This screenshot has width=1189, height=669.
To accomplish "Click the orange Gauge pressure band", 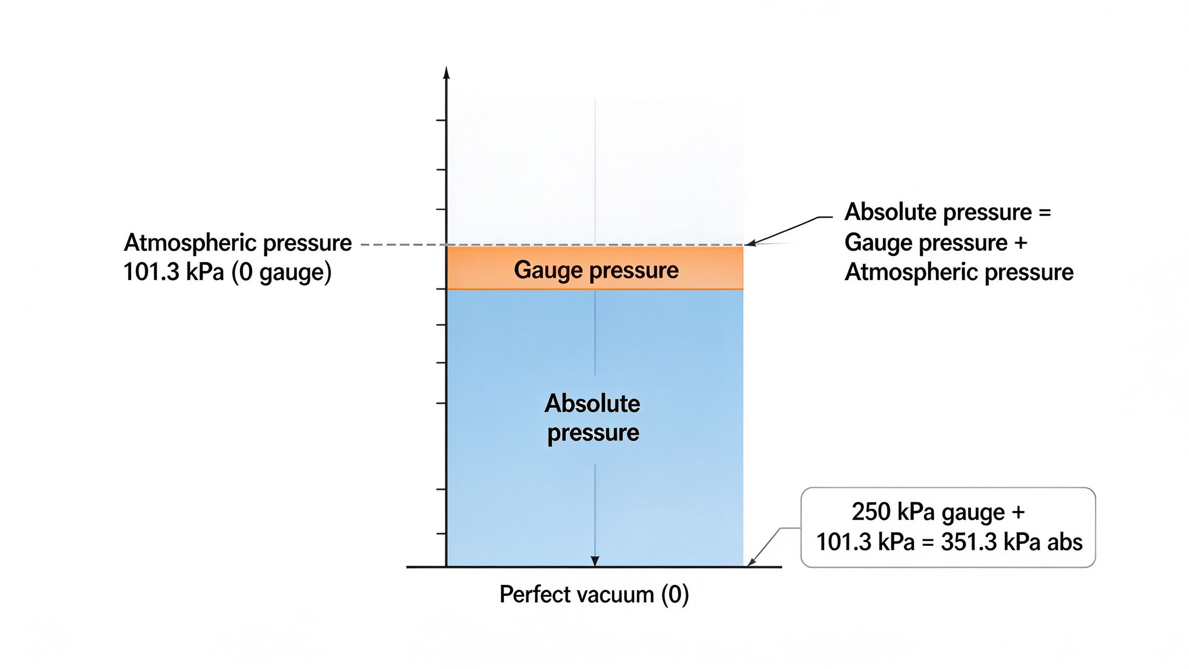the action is tap(594, 268).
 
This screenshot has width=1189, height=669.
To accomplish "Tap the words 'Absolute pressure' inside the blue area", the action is tap(593, 418).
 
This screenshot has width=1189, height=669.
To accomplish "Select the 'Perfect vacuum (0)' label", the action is tap(594, 594).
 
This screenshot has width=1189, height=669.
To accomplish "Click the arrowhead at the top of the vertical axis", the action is tap(446, 72).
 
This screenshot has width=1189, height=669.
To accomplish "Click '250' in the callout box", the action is tap(871, 512).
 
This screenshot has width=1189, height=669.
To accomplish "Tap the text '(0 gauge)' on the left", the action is tap(281, 272).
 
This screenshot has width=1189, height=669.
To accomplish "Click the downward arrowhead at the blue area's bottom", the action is tap(595, 561).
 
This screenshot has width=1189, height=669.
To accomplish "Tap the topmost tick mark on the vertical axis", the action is tap(441, 120).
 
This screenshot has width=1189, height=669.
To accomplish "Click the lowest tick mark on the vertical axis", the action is tap(441, 533).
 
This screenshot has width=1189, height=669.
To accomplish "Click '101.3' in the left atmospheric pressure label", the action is tap(151, 272).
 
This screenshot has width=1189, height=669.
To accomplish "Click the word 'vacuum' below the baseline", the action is tap(615, 595).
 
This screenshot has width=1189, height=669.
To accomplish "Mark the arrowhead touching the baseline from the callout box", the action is tap(751, 562).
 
